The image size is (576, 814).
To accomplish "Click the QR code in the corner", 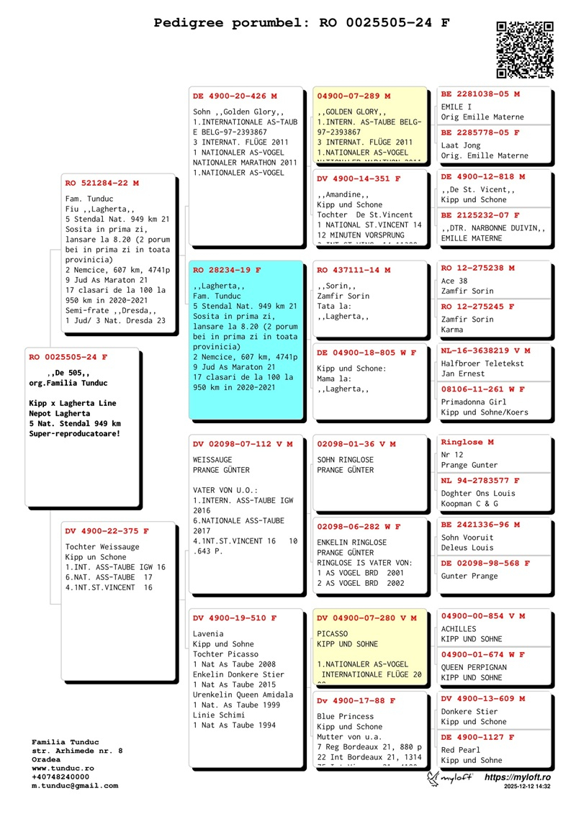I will [x=524, y=49].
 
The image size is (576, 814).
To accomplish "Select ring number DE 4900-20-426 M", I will [x=235, y=96].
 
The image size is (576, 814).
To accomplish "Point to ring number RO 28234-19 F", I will [x=227, y=270].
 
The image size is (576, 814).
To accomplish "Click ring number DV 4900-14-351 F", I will [x=359, y=178].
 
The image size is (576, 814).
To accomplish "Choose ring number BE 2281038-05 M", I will [x=480, y=94].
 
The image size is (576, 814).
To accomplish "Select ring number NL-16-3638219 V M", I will [x=485, y=351].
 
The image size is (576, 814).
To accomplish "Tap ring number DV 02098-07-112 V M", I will [x=243, y=444].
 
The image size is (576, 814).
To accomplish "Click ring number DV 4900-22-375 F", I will [x=107, y=531].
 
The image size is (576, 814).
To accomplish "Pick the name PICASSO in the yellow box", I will [x=333, y=633].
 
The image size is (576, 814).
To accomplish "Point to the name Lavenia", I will [x=208, y=633].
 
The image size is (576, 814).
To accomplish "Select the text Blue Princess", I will [x=346, y=716].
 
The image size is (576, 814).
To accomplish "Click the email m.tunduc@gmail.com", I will [x=75, y=785].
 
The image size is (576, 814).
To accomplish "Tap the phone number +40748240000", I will [x=60, y=777].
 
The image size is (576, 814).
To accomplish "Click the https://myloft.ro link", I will [x=517, y=777].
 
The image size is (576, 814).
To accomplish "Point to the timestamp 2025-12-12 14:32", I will [x=527, y=787].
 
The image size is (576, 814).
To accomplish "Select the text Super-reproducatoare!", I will [x=75, y=434].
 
